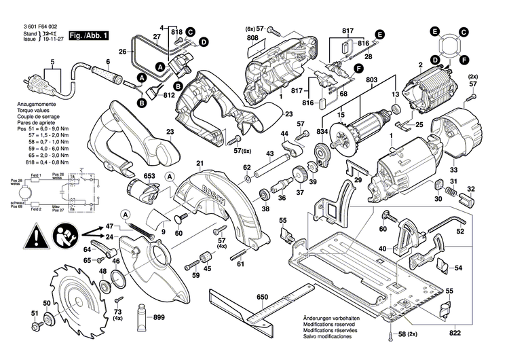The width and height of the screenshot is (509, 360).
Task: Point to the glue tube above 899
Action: coord(143,316)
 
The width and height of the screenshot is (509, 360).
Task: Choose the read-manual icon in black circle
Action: coord(64,237)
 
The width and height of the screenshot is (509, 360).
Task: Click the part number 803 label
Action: coord(372,80)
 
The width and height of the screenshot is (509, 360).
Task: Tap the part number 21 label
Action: coord(200,163)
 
